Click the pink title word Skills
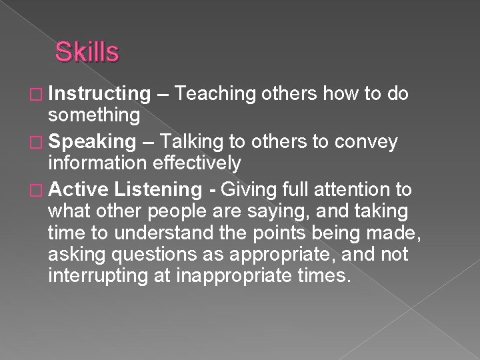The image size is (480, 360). coord(87,51)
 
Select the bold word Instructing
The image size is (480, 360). coord(99,95)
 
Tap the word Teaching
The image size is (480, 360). coord(217,95)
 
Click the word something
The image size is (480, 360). coord(94,115)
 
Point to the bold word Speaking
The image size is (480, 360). coord(92,142)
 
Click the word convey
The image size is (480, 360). coord(366,142)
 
